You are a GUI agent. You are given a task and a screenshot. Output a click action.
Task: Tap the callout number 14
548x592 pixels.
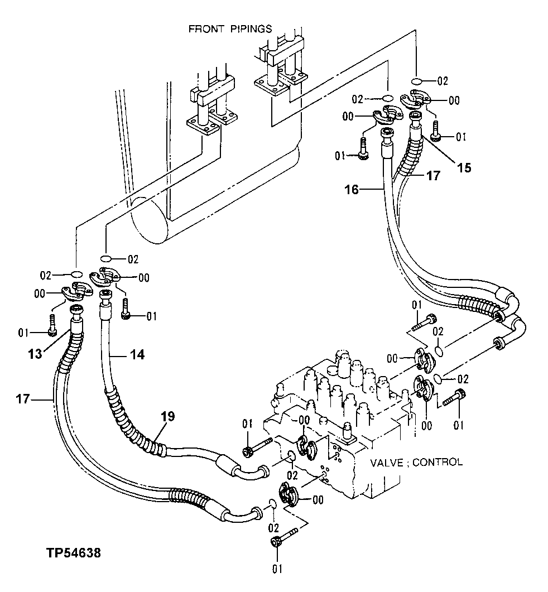[137, 354]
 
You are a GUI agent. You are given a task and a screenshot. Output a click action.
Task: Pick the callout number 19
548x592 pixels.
[169, 416]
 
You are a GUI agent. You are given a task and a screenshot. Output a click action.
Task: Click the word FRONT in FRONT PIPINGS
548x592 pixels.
[206, 28]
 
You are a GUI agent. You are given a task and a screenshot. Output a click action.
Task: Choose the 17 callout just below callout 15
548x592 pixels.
[432, 175]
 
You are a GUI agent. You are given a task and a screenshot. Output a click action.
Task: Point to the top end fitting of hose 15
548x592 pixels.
[415, 118]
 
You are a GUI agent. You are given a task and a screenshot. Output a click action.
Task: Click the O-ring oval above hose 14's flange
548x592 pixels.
[106, 258]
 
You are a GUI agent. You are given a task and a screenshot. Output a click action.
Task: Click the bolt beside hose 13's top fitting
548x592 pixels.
[52, 325]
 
